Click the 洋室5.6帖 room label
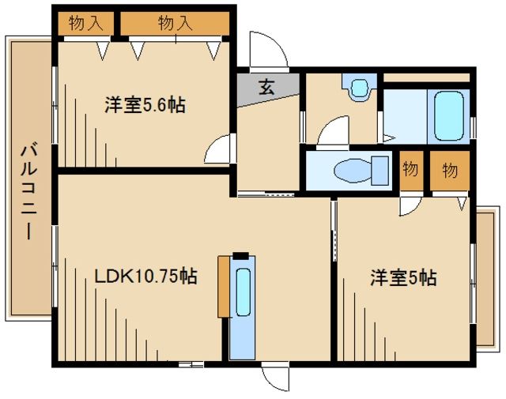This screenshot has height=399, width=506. point(145,105)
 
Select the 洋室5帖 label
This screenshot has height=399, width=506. point(403,278)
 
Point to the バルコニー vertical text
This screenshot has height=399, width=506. point(29,190)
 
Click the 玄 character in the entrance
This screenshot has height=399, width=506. point(267,88)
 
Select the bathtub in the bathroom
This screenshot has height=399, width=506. point(447,115)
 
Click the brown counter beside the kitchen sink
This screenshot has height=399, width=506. point(224,286)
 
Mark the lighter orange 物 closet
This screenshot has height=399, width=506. point(410,170)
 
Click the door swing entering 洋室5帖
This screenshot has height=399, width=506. point(410,206)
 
